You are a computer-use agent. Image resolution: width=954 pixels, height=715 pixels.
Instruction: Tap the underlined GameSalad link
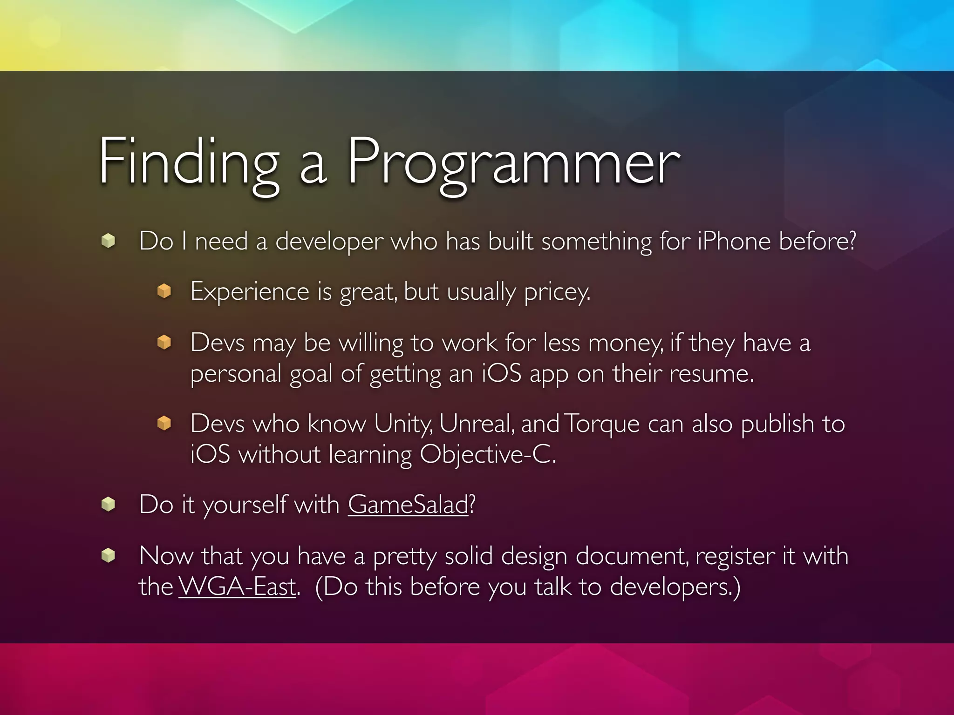(408, 505)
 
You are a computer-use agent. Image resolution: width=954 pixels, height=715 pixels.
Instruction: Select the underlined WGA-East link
(237, 587)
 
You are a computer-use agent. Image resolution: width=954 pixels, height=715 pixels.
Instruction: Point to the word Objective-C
(487, 454)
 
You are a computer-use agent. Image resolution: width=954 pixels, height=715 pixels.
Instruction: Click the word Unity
(403, 424)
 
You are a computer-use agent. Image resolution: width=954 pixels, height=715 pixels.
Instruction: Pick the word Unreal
(476, 424)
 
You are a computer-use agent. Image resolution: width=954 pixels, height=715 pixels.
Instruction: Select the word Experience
(250, 292)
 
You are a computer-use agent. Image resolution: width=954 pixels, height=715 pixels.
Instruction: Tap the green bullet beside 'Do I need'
(108, 241)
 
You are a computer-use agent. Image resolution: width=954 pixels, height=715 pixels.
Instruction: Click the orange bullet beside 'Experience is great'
(164, 291)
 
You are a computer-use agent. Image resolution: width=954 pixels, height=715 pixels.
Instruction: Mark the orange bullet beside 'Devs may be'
(164, 342)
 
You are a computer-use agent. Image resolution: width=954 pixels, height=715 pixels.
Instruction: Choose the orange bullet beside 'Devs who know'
(164, 423)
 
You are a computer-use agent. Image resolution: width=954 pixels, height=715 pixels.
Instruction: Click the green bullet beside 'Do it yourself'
(108, 504)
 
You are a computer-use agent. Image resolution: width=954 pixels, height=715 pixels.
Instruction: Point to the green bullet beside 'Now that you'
(108, 555)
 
